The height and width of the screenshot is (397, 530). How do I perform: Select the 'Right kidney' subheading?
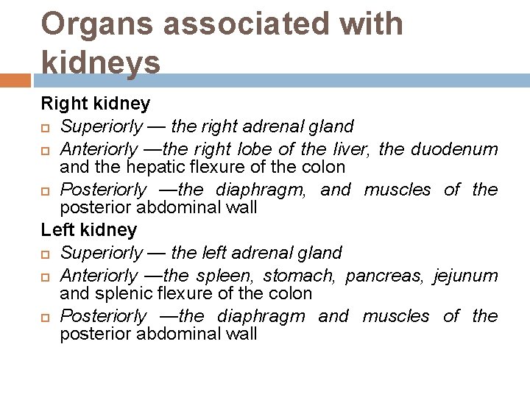(96, 104)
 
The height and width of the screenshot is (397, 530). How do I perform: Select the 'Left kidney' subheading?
(89, 230)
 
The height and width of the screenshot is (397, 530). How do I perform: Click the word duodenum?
(454, 149)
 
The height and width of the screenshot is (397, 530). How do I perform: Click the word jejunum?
(465, 276)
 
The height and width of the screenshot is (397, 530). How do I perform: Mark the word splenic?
(119, 293)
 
